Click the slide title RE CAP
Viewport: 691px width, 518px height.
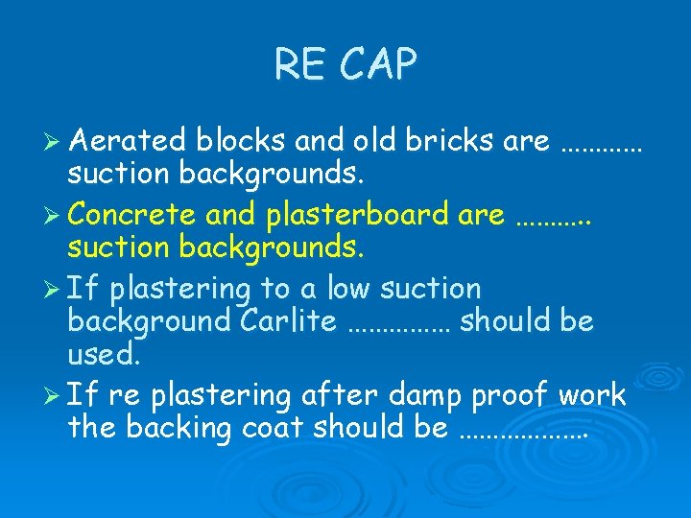(x=345, y=65)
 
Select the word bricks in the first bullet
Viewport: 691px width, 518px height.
(x=448, y=142)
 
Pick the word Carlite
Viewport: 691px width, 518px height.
(x=284, y=321)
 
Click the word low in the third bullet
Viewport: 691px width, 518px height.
(x=349, y=288)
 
